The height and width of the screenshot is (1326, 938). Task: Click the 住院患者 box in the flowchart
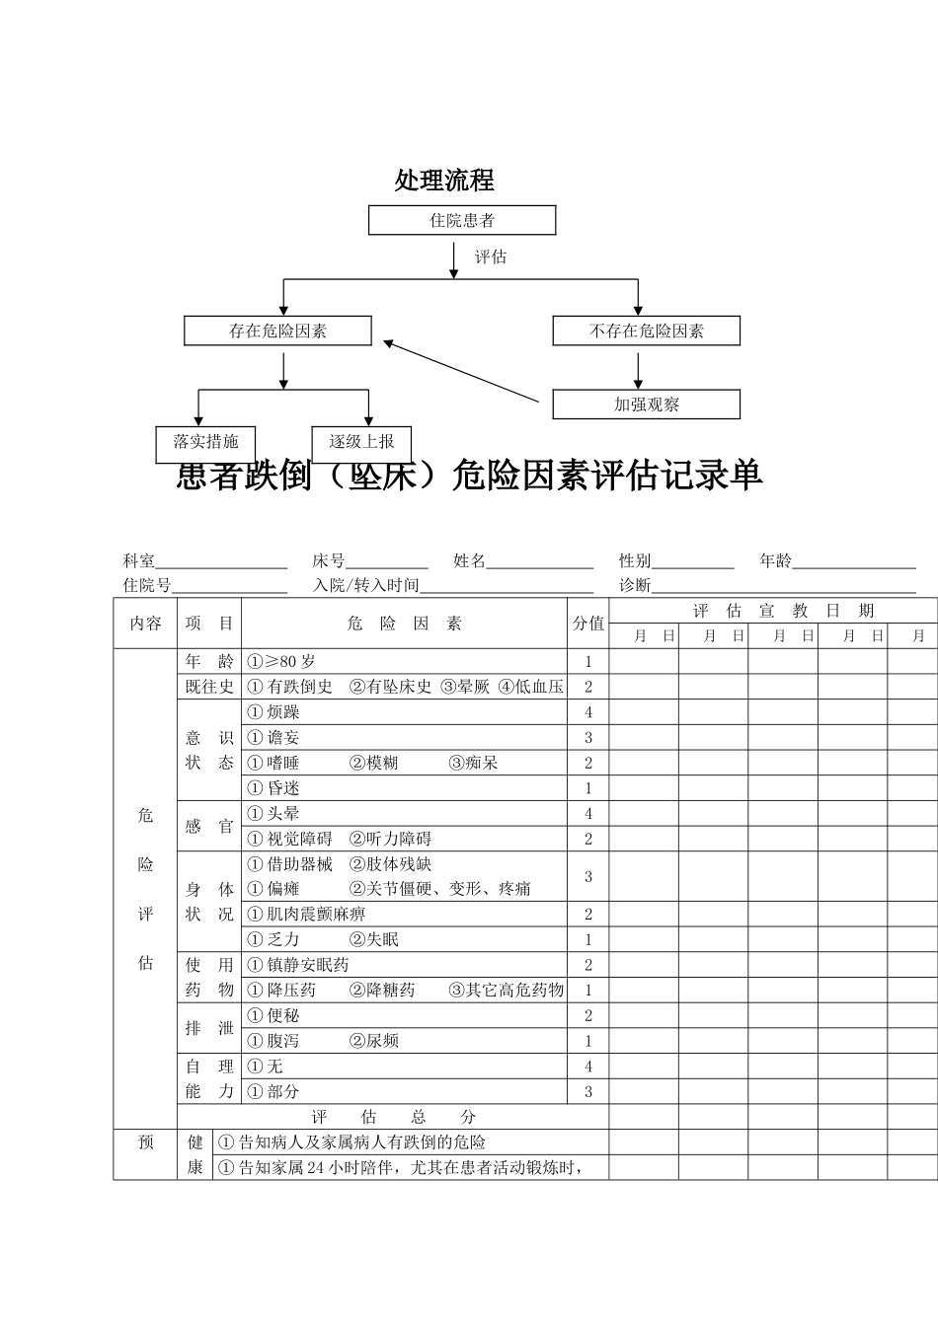coord(462,220)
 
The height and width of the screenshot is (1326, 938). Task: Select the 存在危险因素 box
coord(277,331)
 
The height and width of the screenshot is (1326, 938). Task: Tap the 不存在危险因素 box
coord(646,331)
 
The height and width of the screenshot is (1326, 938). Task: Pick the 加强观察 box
coord(646,405)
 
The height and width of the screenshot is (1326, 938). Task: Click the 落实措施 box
coord(205,443)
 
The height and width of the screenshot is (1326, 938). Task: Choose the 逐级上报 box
coord(361,443)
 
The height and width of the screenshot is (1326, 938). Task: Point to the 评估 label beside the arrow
coord(491,258)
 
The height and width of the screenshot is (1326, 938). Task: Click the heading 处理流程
coord(444,181)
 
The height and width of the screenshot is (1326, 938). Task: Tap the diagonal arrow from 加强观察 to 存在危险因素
coord(462,372)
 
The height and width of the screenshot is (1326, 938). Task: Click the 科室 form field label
coord(138,561)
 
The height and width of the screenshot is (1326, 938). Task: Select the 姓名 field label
coord(469,561)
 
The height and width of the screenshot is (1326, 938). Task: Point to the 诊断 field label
coord(635,585)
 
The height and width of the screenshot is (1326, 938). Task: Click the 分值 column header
coord(588,624)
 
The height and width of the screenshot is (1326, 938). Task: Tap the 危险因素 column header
coord(405,624)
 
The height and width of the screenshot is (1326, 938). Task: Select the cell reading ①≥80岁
coord(405,662)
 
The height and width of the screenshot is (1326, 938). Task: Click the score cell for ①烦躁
coord(588,712)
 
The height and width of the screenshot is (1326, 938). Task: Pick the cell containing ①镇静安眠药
coord(405,965)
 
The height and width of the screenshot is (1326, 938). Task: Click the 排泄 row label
coord(209,1028)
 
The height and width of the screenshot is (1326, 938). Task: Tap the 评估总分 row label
coord(393,1117)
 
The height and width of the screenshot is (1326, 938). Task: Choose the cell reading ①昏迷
coord(405,788)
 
